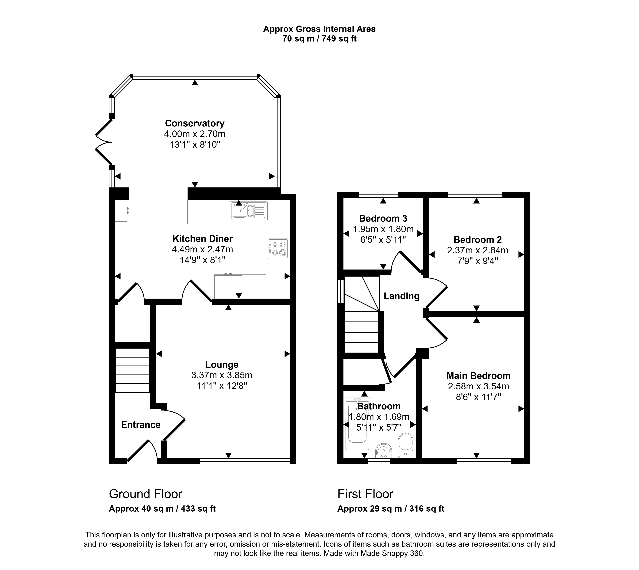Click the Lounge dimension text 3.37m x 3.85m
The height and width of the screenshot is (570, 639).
222,375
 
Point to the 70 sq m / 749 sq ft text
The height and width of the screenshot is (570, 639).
319,39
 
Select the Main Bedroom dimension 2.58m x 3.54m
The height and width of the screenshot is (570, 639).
478,387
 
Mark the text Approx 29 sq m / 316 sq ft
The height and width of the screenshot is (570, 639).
391,509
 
